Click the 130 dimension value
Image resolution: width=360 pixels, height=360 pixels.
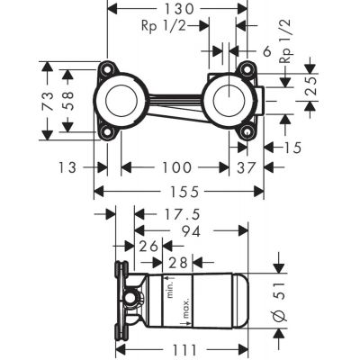coord(177,7)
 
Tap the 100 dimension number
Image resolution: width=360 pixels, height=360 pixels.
coord(175,166)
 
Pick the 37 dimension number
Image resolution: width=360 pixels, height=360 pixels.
coord(246,166)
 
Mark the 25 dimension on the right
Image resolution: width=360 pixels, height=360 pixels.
coord(310,89)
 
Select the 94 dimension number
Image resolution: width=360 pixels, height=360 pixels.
coord(189,230)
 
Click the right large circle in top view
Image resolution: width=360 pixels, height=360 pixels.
coord(229,100)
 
